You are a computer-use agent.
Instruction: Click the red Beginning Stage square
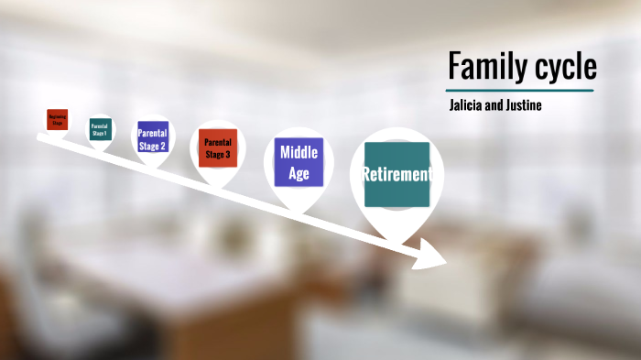click(x=57, y=119)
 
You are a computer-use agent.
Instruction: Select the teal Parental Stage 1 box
click(x=99, y=129)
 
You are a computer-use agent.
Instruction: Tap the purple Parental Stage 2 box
click(x=152, y=138)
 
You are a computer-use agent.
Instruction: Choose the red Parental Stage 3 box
click(x=218, y=147)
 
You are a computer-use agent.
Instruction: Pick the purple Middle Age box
click(x=299, y=162)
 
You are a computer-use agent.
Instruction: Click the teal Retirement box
click(x=397, y=174)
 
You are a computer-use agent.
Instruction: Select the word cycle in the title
click(x=562, y=67)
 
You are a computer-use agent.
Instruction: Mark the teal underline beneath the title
click(x=520, y=90)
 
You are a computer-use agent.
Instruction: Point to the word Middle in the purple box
click(x=299, y=152)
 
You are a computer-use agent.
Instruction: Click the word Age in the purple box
click(x=299, y=173)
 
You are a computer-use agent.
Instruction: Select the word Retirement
click(x=397, y=174)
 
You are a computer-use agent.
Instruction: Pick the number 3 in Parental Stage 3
click(x=229, y=154)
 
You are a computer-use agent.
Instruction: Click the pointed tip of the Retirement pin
click(x=397, y=239)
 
